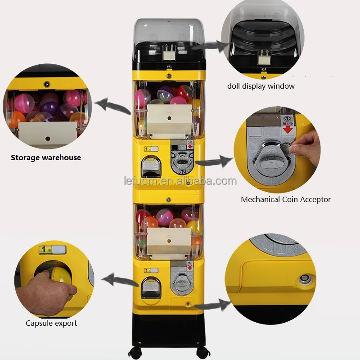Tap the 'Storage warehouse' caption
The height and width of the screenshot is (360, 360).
click(46, 157)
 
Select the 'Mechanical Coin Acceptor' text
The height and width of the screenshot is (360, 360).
click(286, 199)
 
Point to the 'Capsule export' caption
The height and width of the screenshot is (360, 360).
click(51, 323)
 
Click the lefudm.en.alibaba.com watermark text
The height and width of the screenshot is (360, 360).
click(180, 181)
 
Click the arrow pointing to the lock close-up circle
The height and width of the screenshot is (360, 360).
click(211, 306)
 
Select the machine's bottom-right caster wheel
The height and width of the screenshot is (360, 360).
click(201, 351)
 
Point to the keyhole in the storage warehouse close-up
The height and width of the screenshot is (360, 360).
click(47, 84)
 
